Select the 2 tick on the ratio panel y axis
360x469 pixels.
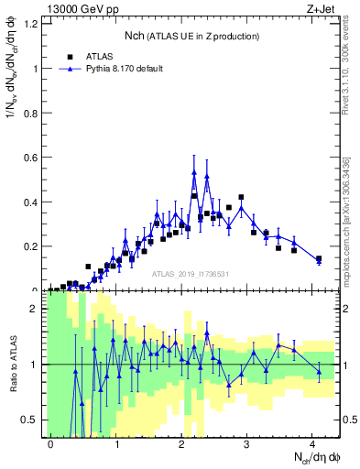tap(34, 309)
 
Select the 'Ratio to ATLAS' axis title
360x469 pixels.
tap(12, 365)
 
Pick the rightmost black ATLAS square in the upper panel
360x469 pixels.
tap(319, 259)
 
